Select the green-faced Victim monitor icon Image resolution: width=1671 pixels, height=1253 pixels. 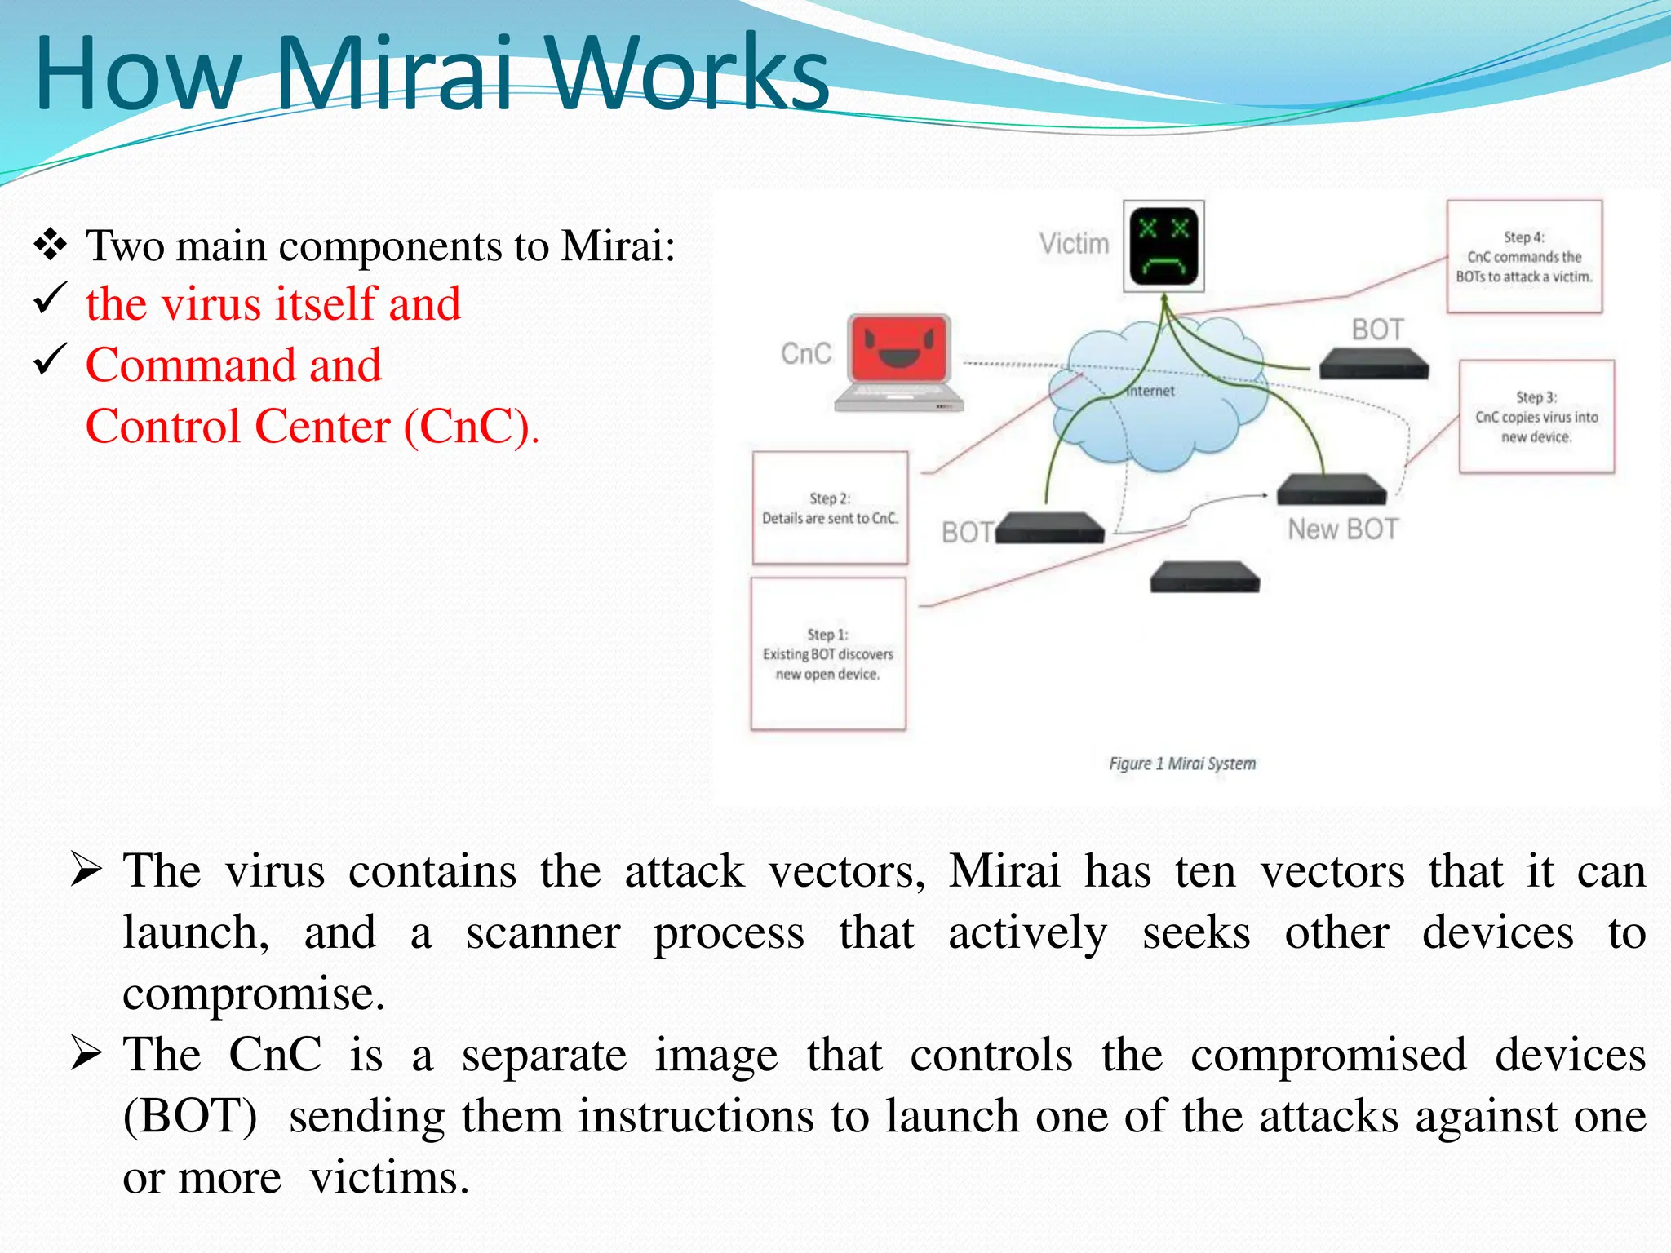pyautogui.click(x=1163, y=246)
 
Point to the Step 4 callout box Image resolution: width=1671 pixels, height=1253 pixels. pyautogui.click(x=1524, y=257)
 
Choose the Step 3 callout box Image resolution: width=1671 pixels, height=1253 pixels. pyautogui.click(x=1536, y=417)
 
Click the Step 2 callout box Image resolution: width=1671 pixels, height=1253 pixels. pyautogui.click(x=830, y=508)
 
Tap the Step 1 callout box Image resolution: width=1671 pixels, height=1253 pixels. pyautogui.click(x=828, y=654)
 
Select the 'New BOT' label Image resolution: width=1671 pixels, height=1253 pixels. pyautogui.click(x=1342, y=529)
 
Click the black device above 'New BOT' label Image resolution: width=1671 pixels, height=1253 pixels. pyautogui.click(x=1331, y=489)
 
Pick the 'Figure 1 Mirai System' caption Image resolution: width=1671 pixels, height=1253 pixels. pyautogui.click(x=1181, y=764)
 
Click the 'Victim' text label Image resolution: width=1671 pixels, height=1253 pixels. pyautogui.click(x=1074, y=244)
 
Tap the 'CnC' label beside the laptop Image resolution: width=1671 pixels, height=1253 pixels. pyautogui.click(x=806, y=353)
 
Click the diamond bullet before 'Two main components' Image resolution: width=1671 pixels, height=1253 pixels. pyautogui.click(x=51, y=245)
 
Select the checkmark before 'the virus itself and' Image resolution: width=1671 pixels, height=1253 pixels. pyautogui.click(x=50, y=299)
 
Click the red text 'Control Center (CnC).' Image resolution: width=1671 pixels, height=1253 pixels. pyautogui.click(x=312, y=427)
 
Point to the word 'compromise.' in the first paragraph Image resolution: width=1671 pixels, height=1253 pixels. pyautogui.click(x=254, y=994)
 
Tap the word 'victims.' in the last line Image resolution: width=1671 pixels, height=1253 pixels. pyautogui.click(x=389, y=1177)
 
